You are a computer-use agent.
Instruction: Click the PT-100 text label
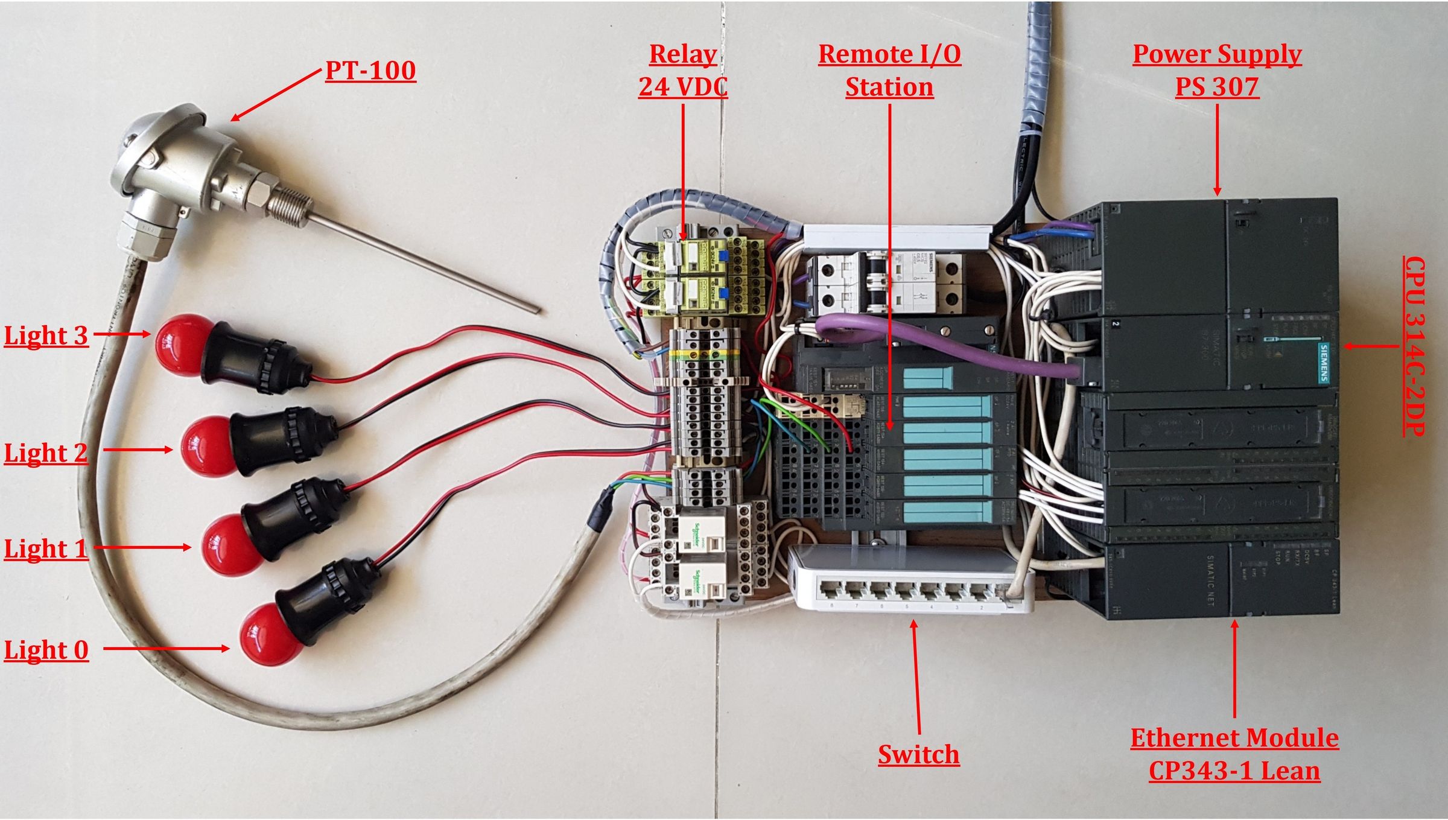(370, 71)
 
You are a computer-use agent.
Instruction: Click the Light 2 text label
(46, 453)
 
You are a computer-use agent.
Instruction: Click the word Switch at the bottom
(918, 754)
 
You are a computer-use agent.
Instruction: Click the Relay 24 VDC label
(683, 71)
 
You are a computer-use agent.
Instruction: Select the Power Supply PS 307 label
(1216, 71)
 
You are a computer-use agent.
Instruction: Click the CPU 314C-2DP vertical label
(1414, 346)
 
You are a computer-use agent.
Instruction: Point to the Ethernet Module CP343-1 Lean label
(1234, 754)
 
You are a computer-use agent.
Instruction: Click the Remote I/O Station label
(889, 71)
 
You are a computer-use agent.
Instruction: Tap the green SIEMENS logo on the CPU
(1323, 362)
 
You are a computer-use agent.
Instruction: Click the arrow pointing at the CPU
(1370, 346)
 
